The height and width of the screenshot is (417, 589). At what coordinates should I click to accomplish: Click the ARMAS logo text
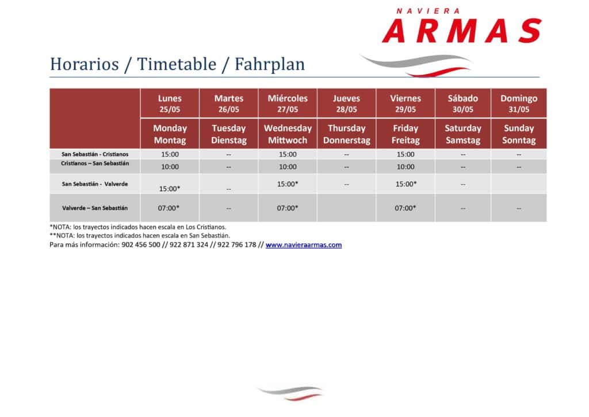pyautogui.click(x=462, y=31)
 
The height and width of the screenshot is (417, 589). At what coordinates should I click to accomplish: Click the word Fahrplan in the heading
pyautogui.click(x=270, y=64)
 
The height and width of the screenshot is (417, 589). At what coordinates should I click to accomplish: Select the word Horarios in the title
pyautogui.click(x=85, y=64)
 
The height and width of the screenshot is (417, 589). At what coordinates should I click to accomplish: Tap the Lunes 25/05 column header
pyautogui.click(x=170, y=104)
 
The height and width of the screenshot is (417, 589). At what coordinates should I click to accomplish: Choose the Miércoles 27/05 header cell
pyautogui.click(x=288, y=104)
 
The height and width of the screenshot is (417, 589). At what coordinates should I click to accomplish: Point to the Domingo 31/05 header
pyautogui.click(x=519, y=104)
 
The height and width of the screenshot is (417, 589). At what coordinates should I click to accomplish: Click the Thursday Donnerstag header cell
pyautogui.click(x=347, y=134)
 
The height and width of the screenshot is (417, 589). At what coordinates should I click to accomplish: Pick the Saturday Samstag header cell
pyautogui.click(x=463, y=134)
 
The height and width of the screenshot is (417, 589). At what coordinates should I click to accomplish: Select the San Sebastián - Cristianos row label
pyautogui.click(x=95, y=154)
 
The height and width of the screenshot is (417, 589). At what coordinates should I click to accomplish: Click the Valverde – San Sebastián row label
pyautogui.click(x=95, y=208)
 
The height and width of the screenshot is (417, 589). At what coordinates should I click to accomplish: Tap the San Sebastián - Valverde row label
pyautogui.click(x=95, y=184)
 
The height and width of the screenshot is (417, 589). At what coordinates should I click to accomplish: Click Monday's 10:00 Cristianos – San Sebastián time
pyautogui.click(x=170, y=166)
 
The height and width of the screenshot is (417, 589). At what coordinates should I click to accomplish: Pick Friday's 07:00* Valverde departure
pyautogui.click(x=406, y=208)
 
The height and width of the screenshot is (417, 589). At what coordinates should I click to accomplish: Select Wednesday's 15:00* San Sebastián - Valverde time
pyautogui.click(x=288, y=184)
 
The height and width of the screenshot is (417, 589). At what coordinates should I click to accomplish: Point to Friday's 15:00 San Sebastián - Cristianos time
pyautogui.click(x=406, y=154)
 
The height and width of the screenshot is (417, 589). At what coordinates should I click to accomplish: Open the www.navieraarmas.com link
pyautogui.click(x=304, y=245)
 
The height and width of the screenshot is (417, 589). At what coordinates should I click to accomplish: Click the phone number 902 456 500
pyautogui.click(x=141, y=245)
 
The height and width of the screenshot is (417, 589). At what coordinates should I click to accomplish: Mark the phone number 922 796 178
pyautogui.click(x=236, y=245)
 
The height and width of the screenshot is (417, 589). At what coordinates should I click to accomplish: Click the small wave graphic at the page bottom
pyautogui.click(x=290, y=393)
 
